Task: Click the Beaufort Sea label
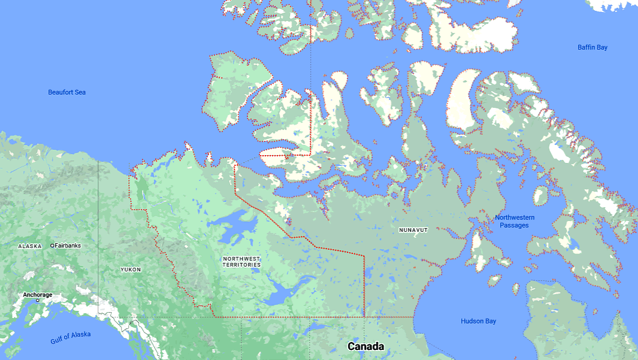(x=67, y=92)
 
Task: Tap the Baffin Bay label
(x=592, y=47)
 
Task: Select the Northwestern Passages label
(x=515, y=221)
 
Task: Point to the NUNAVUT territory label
(x=413, y=230)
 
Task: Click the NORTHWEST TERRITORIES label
(x=241, y=262)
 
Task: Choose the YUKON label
(x=131, y=270)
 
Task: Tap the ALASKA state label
(x=30, y=246)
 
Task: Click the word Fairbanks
(x=68, y=246)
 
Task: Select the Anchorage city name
(x=38, y=295)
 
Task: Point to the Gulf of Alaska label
(x=71, y=338)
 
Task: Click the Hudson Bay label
(x=478, y=322)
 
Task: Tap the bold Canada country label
(x=365, y=347)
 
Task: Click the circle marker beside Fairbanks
(x=52, y=246)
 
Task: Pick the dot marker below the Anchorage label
(x=37, y=300)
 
